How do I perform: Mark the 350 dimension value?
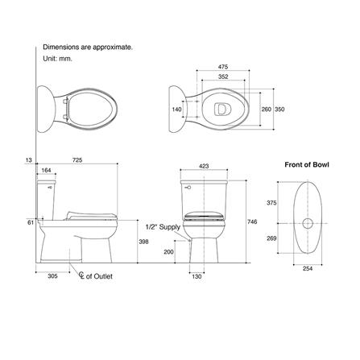pos(279,107)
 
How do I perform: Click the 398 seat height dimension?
pos(143,241)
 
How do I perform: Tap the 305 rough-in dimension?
pos(53,276)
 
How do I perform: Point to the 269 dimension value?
pos(271,238)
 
